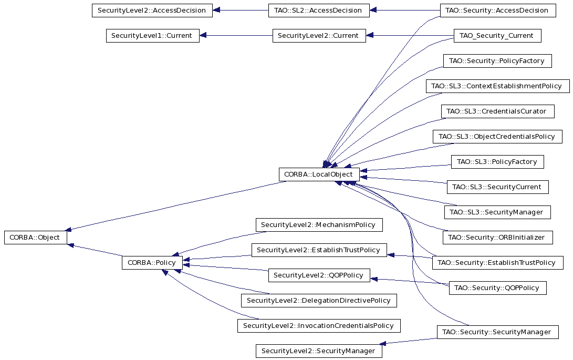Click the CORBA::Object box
coord(36,238)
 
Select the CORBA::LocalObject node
coord(319,174)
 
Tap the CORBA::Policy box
coord(152,263)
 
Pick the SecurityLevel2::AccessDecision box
coord(152,10)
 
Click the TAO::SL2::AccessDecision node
coord(319,10)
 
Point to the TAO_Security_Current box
coord(497,36)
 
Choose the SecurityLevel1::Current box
coord(153,36)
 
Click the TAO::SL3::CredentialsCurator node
coord(497,111)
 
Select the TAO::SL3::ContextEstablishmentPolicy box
coord(497,86)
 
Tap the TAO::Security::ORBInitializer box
coord(497,238)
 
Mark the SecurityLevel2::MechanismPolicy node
coord(319,224)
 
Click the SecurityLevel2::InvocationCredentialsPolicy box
coord(319,326)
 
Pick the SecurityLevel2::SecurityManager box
coord(319,351)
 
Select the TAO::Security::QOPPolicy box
coord(497,288)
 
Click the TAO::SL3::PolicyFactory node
coord(497,162)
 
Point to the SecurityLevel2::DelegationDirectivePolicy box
coord(319,301)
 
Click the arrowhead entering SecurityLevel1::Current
coord(203,36)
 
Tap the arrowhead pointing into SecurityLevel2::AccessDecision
coord(216,10)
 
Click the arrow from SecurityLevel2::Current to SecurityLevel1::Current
coord(236,36)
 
